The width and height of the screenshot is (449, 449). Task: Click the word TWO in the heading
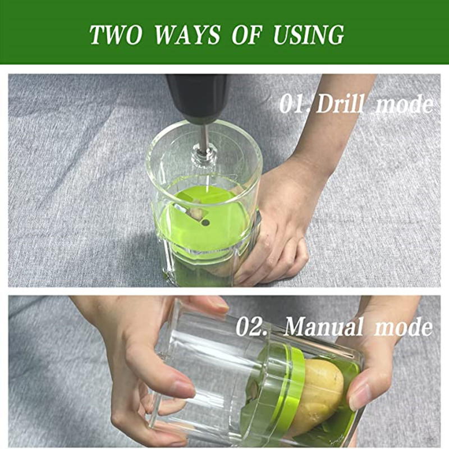tap(116, 35)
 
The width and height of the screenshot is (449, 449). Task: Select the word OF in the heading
tap(247, 35)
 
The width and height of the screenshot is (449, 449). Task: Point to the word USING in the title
tap(308, 35)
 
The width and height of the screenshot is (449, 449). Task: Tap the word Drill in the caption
tap(341, 104)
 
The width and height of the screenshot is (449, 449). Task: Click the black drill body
tap(198, 97)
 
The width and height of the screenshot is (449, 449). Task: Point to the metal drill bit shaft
tap(204, 138)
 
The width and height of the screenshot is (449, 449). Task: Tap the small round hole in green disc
tap(205, 222)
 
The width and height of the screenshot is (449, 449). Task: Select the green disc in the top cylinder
tap(200, 218)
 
